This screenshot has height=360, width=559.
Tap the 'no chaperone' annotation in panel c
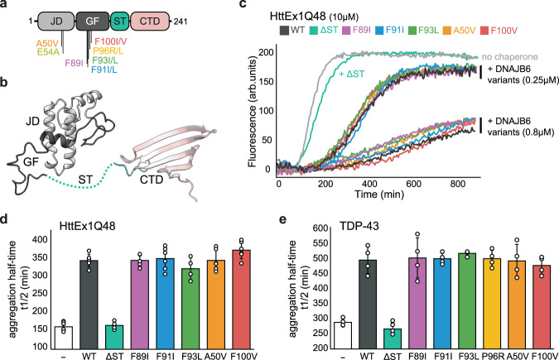click(x=517, y=57)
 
